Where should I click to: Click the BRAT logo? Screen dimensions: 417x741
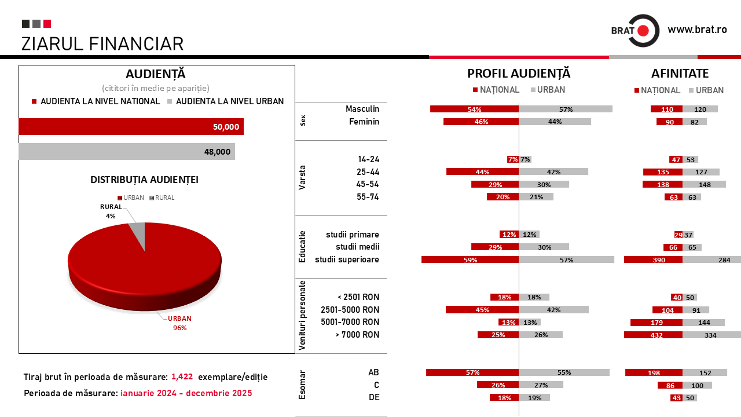[x=635, y=30]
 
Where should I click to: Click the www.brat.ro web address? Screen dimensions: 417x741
[x=697, y=30]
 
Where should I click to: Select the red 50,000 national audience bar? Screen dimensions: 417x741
[x=131, y=127]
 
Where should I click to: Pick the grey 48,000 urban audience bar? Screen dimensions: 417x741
[x=127, y=152]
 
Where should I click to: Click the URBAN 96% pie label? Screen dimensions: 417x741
[x=179, y=323]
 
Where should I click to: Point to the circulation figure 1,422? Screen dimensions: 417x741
[x=182, y=377]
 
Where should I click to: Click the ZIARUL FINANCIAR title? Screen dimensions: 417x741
[x=102, y=44]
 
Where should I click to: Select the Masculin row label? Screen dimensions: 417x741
[x=362, y=109]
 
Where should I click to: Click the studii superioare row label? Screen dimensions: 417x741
[x=347, y=259]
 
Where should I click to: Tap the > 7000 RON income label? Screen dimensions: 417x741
[x=357, y=335]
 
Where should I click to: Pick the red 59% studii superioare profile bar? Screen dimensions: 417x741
[x=470, y=260]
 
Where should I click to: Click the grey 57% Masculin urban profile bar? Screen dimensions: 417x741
[x=566, y=109]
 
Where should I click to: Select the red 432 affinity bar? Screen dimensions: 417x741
[x=653, y=335]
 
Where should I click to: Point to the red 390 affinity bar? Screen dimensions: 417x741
[x=653, y=260]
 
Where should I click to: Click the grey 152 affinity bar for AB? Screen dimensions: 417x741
[x=705, y=372]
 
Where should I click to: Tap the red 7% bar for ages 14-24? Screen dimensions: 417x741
[x=513, y=159]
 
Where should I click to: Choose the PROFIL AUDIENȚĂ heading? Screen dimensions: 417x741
[x=519, y=74]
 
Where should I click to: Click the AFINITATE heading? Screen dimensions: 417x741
[x=680, y=74]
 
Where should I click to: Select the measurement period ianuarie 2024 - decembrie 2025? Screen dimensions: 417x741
[x=186, y=393]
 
